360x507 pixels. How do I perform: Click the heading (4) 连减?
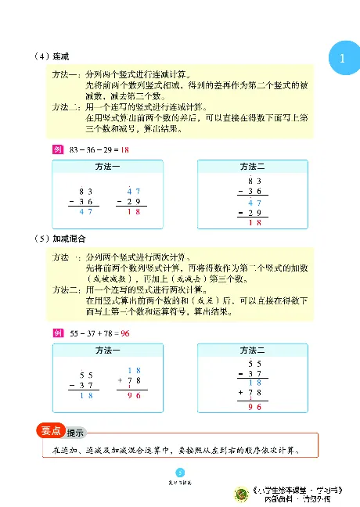click(52, 57)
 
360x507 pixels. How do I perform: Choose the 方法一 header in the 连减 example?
click(106, 167)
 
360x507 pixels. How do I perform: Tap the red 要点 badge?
click(50, 430)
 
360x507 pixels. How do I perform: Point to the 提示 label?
click(76, 433)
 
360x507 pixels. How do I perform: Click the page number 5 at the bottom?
click(180, 472)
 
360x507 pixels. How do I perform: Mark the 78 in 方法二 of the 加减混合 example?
click(255, 393)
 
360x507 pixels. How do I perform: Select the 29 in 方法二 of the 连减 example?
click(255, 213)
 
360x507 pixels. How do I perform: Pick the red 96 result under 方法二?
click(254, 407)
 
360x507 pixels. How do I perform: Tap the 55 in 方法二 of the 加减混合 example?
click(254, 364)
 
